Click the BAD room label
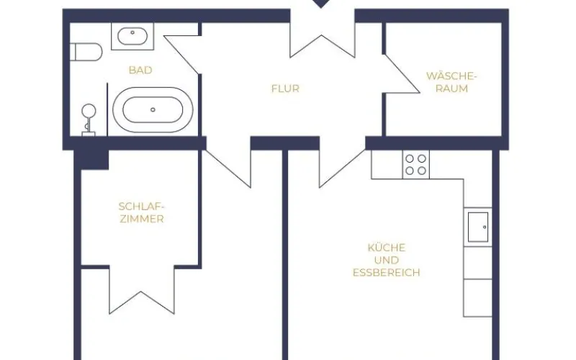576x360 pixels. click(140, 70)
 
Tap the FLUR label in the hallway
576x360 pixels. click(285, 89)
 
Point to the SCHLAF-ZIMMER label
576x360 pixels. click(140, 212)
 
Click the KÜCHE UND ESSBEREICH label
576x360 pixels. click(386, 260)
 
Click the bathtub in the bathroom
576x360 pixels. click(153, 110)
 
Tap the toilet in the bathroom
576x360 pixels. click(86, 53)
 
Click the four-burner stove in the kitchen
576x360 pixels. click(415, 165)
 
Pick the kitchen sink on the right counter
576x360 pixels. click(478, 227)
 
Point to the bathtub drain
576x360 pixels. click(153, 110)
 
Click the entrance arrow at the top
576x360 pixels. click(322, 4)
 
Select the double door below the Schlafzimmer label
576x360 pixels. click(141, 288)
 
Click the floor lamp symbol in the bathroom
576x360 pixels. click(89, 120)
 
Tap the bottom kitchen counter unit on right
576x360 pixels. click(477, 297)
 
